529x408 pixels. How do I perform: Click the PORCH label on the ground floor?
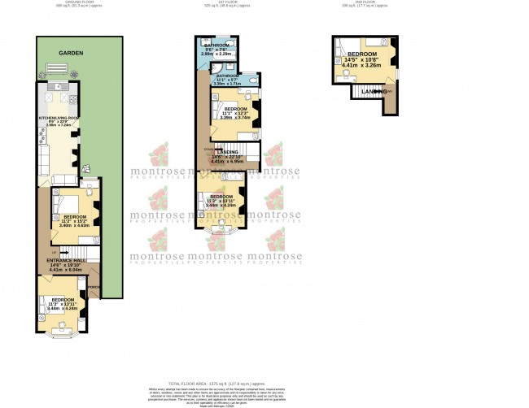point(94,286)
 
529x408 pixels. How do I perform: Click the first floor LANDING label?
point(227,152)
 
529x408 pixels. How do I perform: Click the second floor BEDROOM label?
point(362,54)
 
